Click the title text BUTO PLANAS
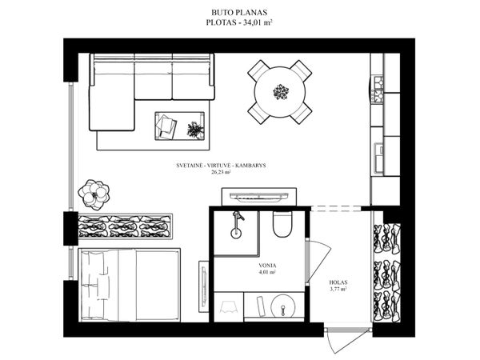pyautogui.click(x=239, y=13)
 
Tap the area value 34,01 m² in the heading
pyautogui.click(x=258, y=22)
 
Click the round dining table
pyautogui.click(x=280, y=92)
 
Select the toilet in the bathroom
pyautogui.click(x=282, y=224)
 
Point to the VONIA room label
pyautogui.click(x=267, y=266)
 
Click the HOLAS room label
pyautogui.click(x=338, y=282)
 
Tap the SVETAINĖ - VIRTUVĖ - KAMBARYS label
pyautogui.click(x=221, y=166)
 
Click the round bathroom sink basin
pyautogui.click(x=283, y=306)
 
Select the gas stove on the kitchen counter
pyautogui.click(x=378, y=89)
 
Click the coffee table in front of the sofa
pyautogui.click(x=180, y=126)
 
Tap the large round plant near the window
pyautogui.click(x=94, y=195)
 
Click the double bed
pyautogui.click(x=129, y=286)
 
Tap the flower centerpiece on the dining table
pyautogui.click(x=281, y=92)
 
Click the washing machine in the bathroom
pyautogui.click(x=229, y=306)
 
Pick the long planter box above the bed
pyautogui.click(x=126, y=226)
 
